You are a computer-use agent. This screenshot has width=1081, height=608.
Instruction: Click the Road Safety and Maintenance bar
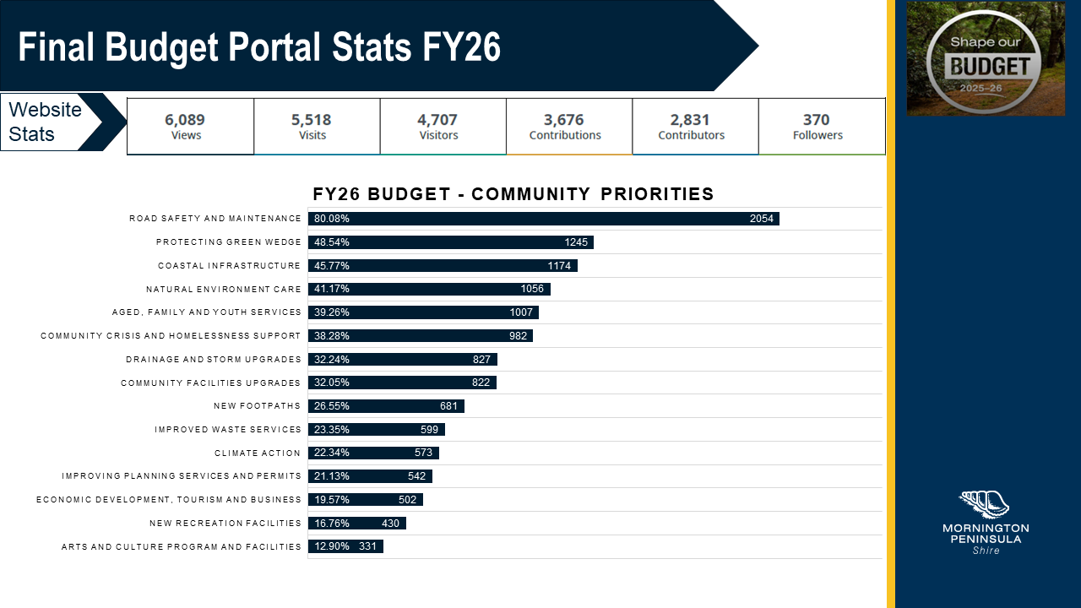tap(543, 219)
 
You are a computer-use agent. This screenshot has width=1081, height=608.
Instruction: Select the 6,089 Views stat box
tap(190, 127)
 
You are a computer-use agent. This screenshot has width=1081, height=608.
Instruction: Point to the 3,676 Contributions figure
tap(564, 120)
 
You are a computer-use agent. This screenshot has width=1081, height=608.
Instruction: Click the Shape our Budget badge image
tap(985, 59)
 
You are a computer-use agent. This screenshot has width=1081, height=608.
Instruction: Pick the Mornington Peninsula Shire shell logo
tap(985, 504)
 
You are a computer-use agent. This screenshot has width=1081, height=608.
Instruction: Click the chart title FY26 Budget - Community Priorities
tap(513, 194)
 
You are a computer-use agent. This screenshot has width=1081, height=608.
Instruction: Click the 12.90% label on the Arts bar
tap(331, 546)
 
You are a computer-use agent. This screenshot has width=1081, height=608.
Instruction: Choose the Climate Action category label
tap(258, 453)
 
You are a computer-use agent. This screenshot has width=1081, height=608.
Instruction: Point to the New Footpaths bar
tap(386, 406)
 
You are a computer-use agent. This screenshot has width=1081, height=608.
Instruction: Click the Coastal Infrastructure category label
tap(229, 266)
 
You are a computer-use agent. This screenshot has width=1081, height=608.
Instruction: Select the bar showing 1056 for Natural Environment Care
tap(429, 289)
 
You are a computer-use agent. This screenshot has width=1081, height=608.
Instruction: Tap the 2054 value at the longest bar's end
tap(761, 219)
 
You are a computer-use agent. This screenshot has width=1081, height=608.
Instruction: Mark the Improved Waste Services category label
tap(227, 430)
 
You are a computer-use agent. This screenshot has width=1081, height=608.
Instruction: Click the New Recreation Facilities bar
tap(356, 524)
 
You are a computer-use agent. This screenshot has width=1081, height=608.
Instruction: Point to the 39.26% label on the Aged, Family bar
tap(332, 312)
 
